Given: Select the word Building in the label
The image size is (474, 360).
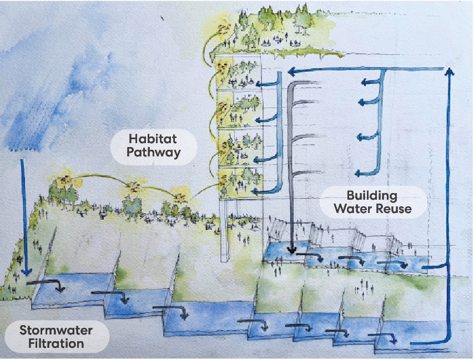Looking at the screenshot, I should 372,195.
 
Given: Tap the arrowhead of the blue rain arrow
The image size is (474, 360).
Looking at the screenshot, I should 23,273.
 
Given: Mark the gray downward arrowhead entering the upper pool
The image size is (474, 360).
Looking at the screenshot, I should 292,251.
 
